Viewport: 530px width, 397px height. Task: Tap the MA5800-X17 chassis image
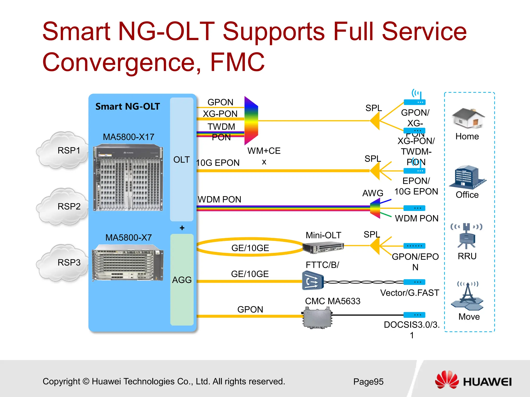[128, 178]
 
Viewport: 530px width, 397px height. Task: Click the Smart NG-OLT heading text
[128, 106]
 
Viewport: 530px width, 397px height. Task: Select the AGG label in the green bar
[182, 280]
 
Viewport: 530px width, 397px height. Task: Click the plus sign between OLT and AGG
[182, 228]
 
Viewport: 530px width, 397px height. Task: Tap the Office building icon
[467, 177]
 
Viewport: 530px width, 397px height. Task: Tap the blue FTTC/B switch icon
[313, 281]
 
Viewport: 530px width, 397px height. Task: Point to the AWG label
[372, 193]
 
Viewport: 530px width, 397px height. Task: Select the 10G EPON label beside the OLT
[218, 163]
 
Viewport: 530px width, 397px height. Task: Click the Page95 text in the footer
[368, 381]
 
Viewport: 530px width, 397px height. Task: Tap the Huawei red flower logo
[447, 380]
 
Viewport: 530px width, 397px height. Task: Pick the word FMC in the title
[237, 62]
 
